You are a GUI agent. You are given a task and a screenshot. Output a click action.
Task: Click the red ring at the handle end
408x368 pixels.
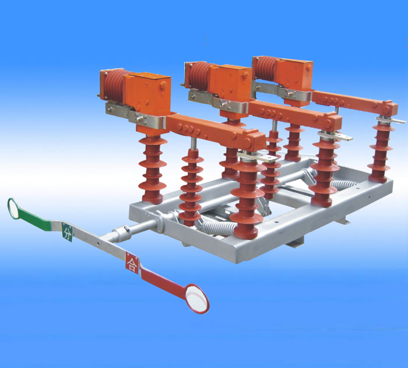coord(206,304)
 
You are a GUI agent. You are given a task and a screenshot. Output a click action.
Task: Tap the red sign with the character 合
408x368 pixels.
coord(132,262)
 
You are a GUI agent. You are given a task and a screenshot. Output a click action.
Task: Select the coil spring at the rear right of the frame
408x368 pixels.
coord(343,184)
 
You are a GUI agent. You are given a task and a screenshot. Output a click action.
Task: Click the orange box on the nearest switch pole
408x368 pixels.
coord(148,91)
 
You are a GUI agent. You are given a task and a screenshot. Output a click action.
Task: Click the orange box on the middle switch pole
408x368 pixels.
coord(230,83)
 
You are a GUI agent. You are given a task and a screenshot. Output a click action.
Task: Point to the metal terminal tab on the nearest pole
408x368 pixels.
coord(258,157)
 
